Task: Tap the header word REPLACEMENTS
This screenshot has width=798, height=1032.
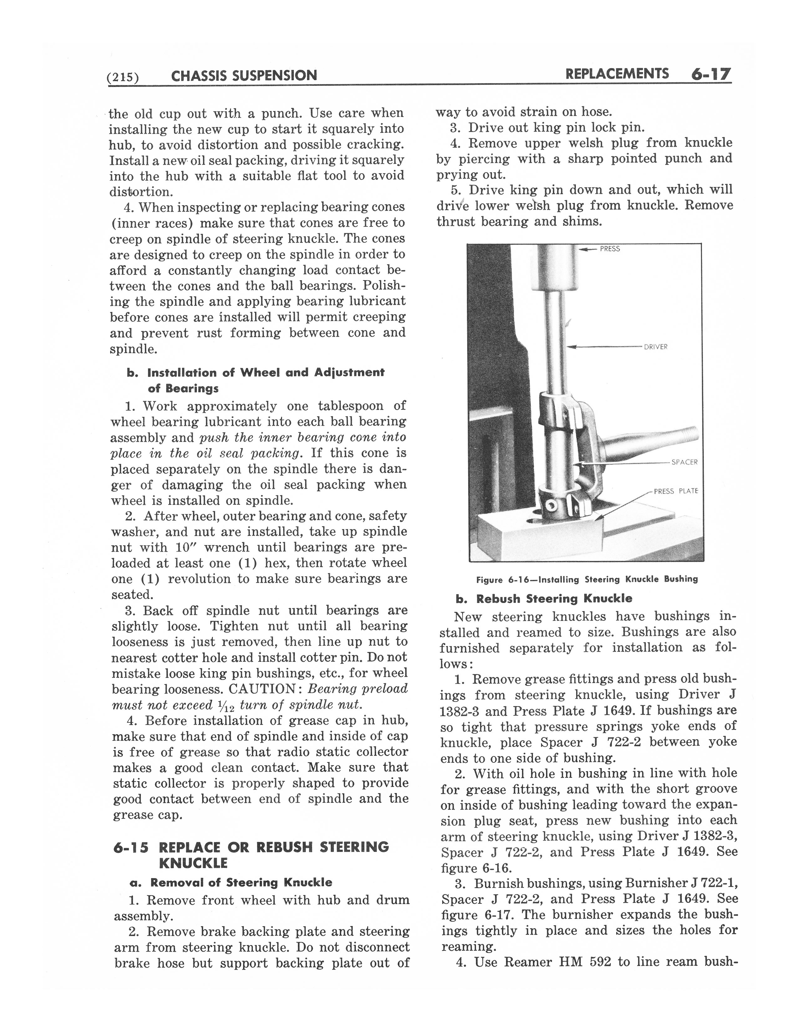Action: coord(617,74)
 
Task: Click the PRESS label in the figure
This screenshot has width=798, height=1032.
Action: coord(610,249)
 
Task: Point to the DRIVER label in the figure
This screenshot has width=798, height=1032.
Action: coord(655,347)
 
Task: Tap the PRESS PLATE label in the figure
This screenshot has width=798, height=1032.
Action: coord(676,491)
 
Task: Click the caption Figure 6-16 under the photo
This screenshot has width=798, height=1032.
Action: coord(587,579)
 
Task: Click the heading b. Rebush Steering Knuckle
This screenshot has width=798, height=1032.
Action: coord(544,599)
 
